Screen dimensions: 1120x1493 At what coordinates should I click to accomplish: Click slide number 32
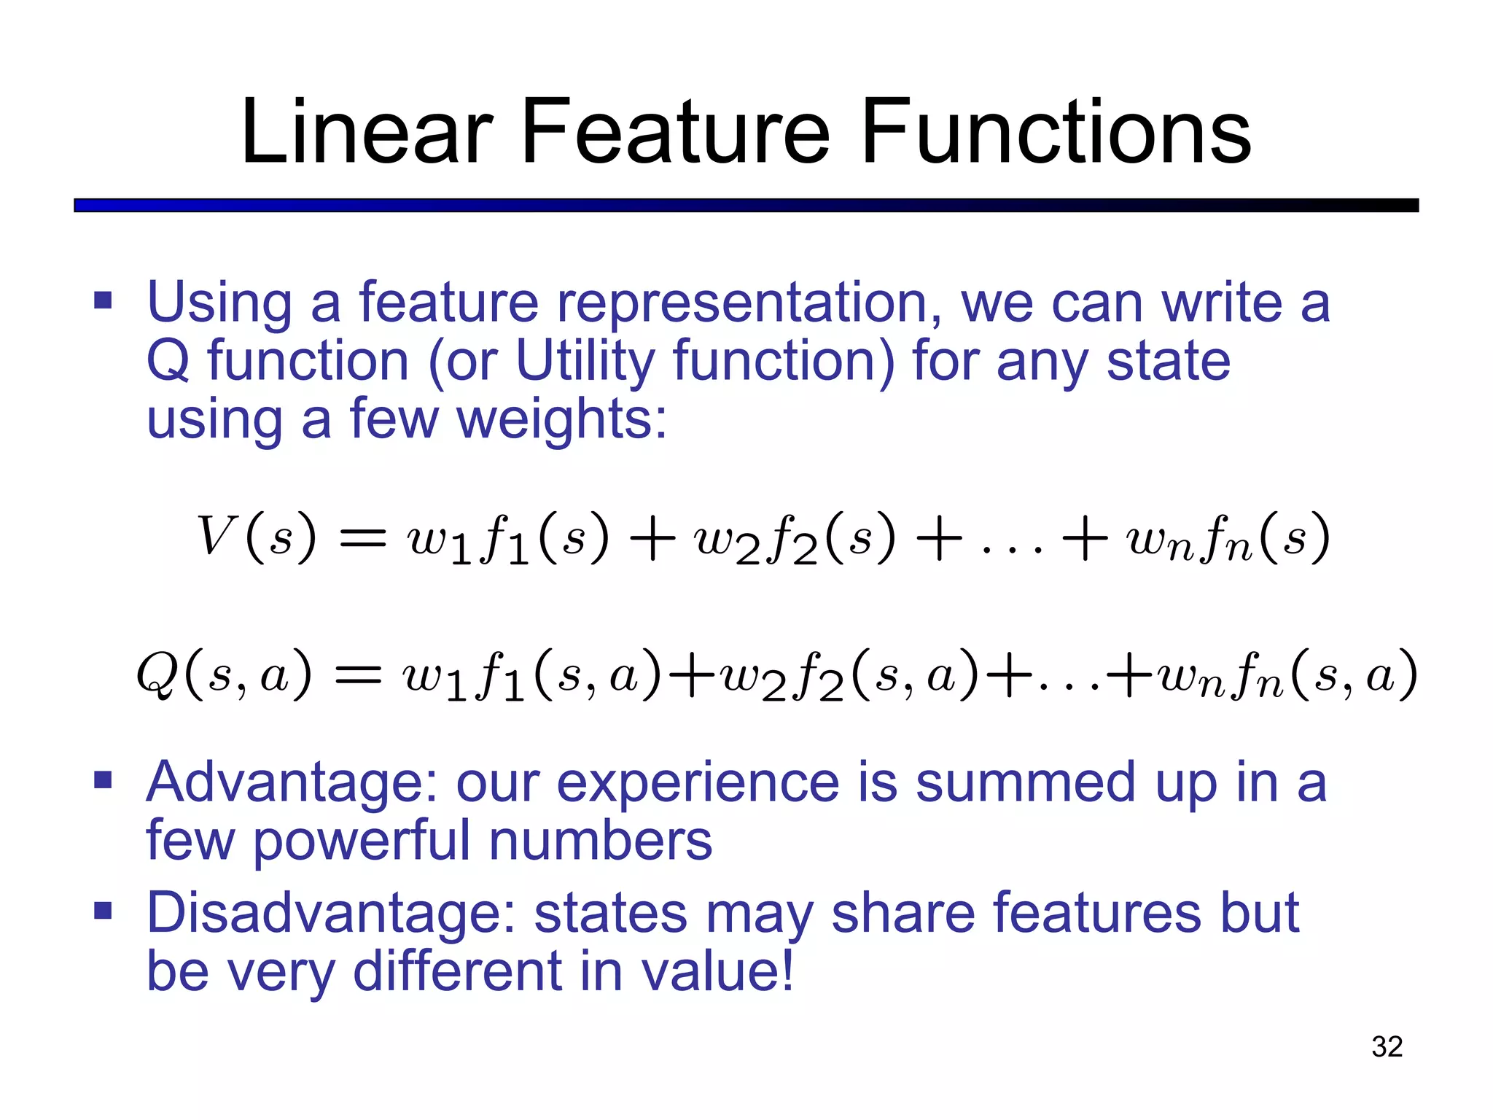1387,1046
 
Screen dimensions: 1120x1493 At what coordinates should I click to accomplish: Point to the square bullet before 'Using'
103,300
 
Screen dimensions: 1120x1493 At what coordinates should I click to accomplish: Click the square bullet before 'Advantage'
103,781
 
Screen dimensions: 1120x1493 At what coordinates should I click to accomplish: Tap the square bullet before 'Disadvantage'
103,911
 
